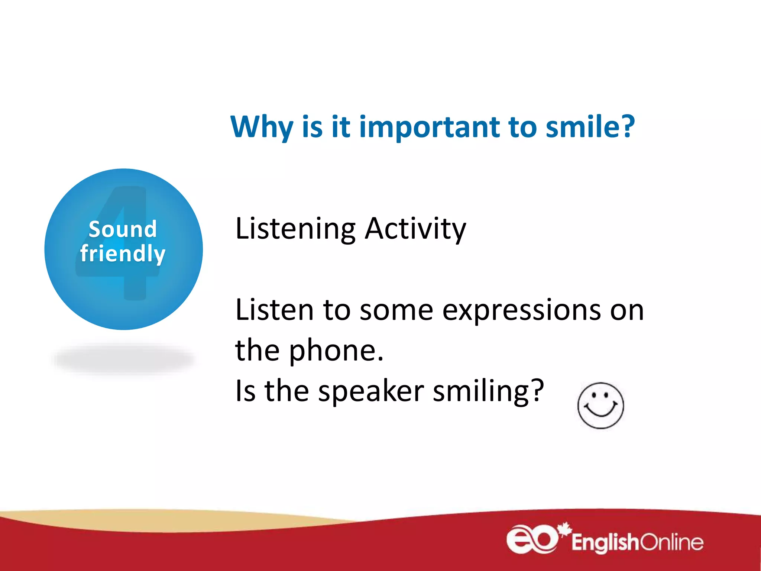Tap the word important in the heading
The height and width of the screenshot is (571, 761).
(x=429, y=127)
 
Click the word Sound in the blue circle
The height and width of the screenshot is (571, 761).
(x=123, y=229)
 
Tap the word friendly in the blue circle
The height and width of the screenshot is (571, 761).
(x=123, y=254)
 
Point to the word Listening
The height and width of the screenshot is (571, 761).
(x=295, y=229)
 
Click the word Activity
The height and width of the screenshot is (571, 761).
(x=415, y=229)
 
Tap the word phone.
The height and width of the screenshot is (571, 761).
(x=336, y=351)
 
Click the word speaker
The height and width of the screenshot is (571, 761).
(x=371, y=391)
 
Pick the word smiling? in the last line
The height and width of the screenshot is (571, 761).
(x=488, y=391)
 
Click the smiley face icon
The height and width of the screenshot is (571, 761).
(x=600, y=406)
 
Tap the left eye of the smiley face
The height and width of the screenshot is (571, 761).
(x=594, y=396)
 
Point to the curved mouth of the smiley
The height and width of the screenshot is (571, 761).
(x=600, y=413)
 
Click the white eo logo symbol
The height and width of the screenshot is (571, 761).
(x=532, y=539)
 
